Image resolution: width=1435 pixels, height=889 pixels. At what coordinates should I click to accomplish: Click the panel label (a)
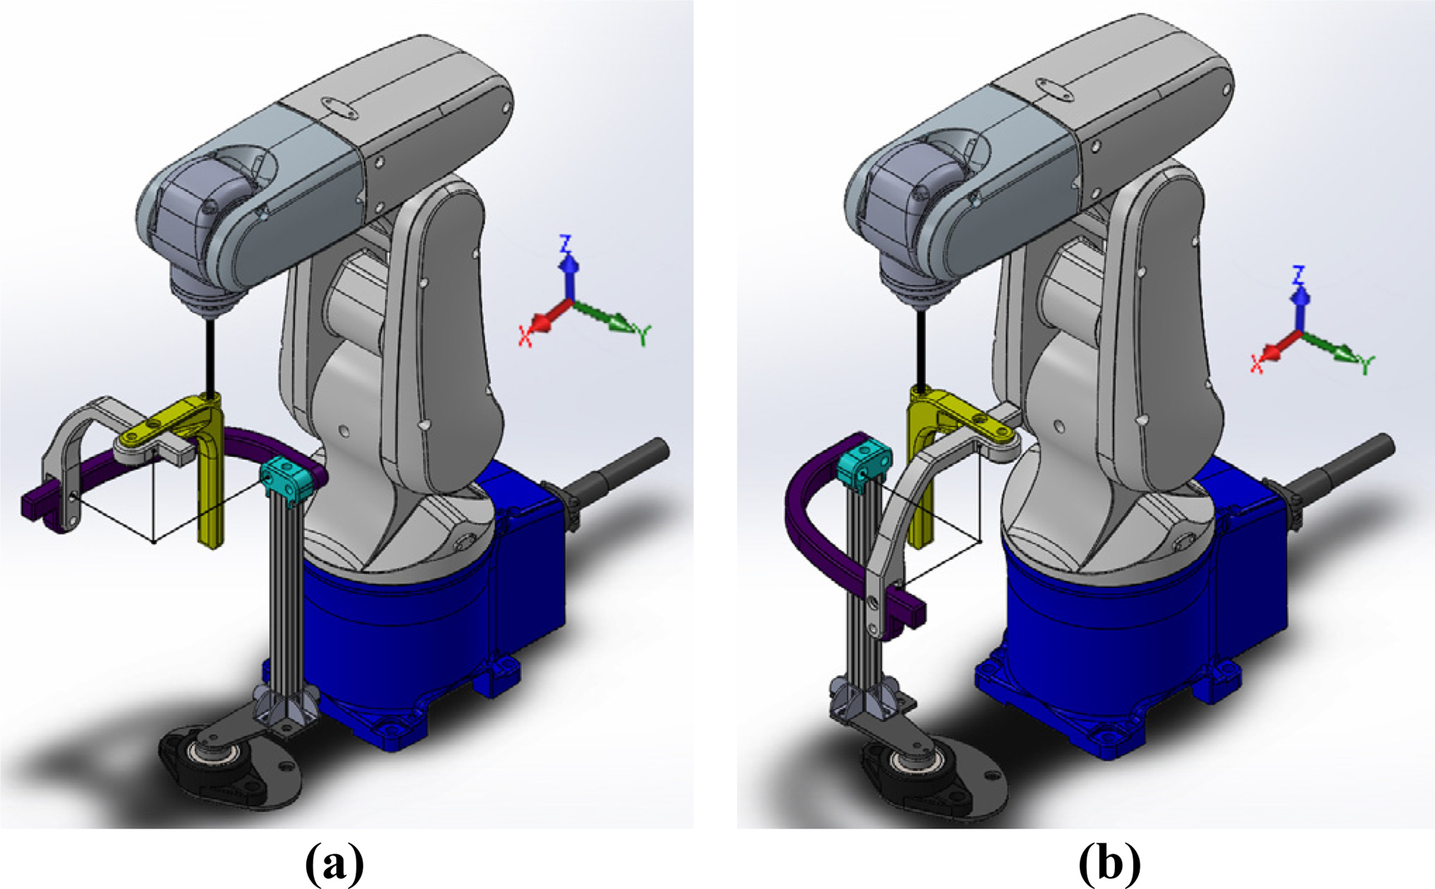point(334,864)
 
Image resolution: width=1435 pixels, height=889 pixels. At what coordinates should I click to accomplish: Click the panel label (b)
point(1109,864)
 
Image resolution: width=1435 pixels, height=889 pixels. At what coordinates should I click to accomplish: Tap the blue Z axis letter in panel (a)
point(567,244)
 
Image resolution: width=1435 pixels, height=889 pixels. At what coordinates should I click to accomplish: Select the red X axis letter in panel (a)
point(526,337)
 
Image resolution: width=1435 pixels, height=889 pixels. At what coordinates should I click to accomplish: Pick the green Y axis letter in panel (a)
point(644,336)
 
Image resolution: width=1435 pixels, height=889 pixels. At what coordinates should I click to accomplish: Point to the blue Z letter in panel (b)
point(1298,275)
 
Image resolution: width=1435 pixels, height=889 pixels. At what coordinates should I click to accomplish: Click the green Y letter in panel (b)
point(1367,365)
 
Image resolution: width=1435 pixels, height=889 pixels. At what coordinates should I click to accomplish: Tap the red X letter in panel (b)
point(1257,365)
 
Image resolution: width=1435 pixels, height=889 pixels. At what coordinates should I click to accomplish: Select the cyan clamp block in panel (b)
point(864,460)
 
